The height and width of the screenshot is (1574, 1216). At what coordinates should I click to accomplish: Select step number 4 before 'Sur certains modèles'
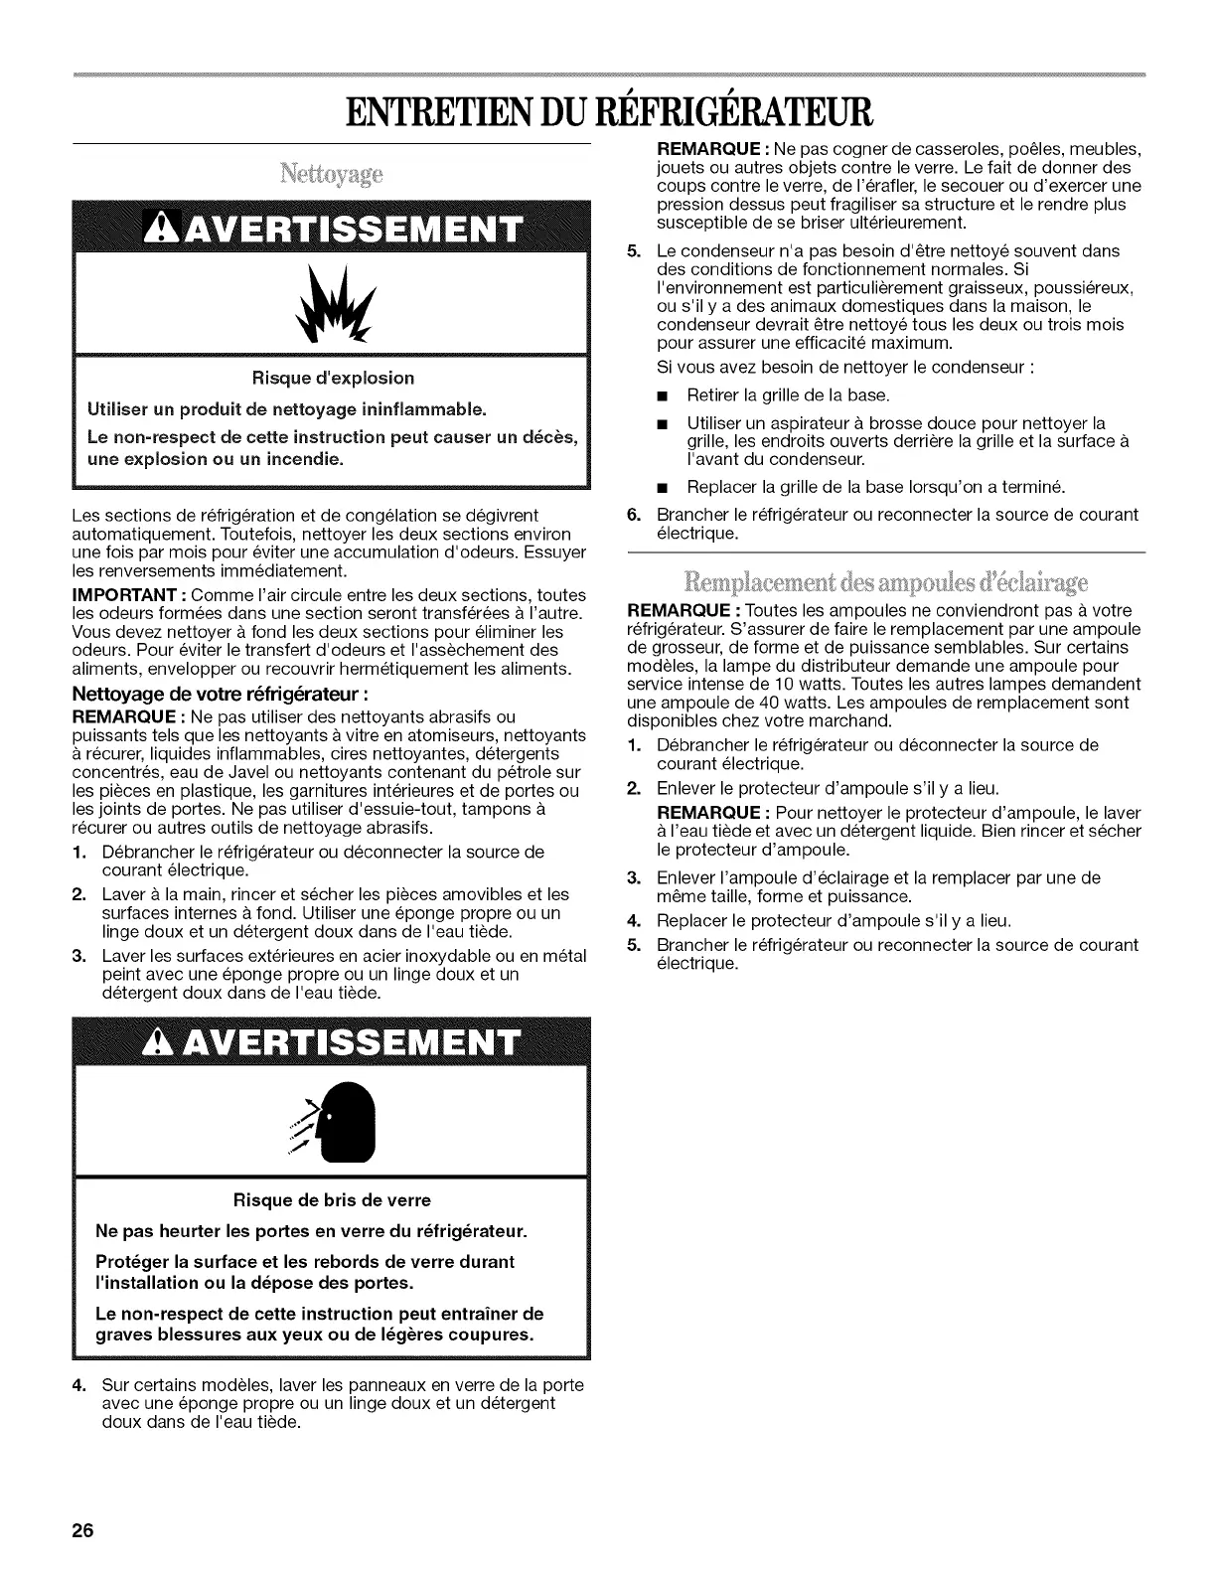pyautogui.click(x=78, y=1385)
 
